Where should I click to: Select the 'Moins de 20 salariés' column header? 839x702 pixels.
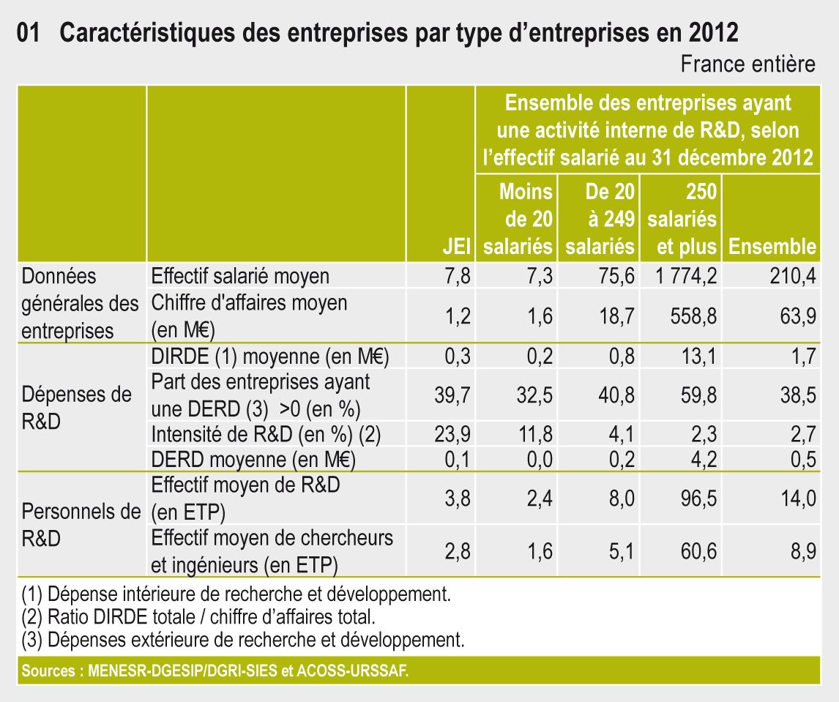coord(518,219)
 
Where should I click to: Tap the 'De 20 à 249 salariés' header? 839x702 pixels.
coord(600,219)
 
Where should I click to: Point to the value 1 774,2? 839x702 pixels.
coord(682,277)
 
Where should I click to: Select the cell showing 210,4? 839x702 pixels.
coord(794,277)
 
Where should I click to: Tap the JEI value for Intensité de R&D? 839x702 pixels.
coord(452,434)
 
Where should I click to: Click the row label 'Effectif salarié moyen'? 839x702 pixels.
coord(240,276)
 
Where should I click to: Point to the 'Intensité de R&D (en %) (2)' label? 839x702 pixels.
coord(266,435)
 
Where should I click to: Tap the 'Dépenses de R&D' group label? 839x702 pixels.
coord(77,408)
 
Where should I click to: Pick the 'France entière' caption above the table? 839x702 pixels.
coord(747,64)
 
